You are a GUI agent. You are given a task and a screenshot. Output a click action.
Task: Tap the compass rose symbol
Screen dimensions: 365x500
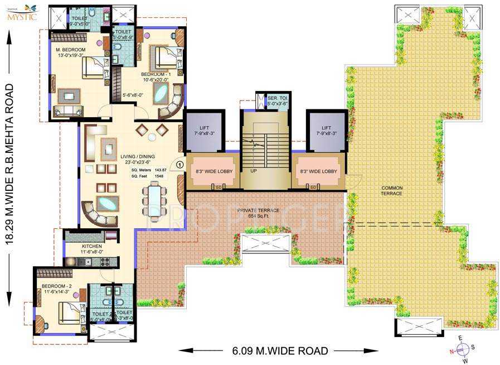463,349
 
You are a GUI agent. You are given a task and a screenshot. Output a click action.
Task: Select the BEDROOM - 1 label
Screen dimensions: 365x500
154,74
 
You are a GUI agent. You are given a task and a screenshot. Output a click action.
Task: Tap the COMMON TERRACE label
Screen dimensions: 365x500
392,190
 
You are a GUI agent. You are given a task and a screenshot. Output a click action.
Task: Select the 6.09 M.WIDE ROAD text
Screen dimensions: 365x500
280,350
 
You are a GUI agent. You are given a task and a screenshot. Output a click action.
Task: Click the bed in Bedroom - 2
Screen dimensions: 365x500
69,312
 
